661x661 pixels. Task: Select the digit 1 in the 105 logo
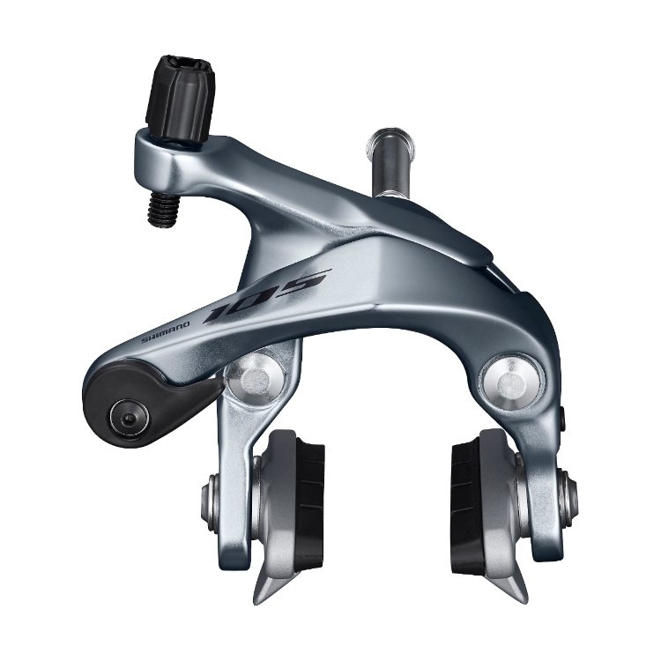(x=222, y=309)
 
